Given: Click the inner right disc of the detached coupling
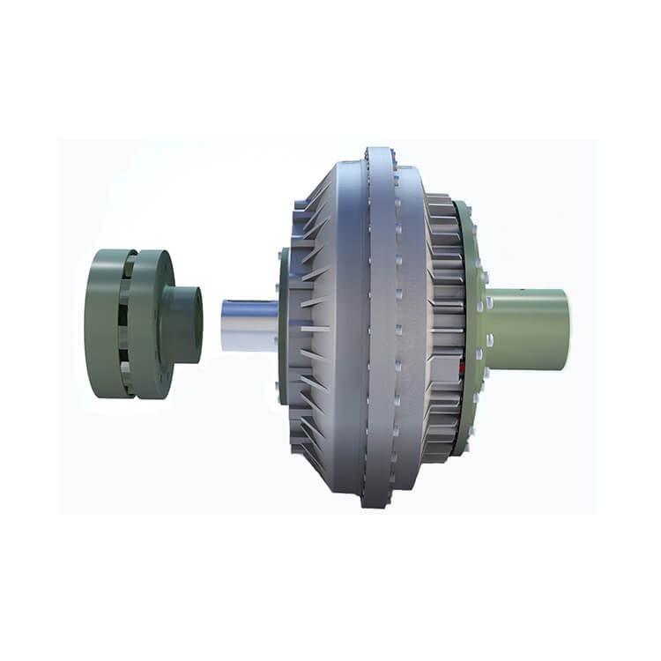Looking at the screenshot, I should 150,323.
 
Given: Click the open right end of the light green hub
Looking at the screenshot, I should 564,329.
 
